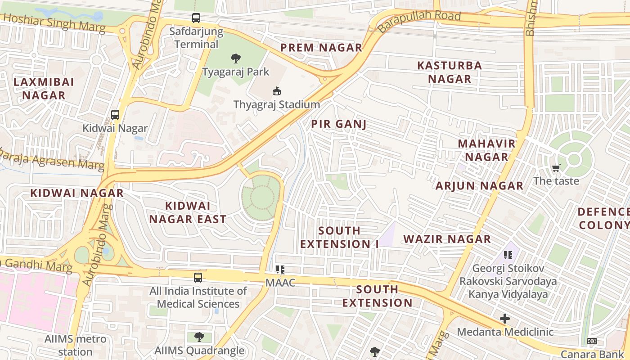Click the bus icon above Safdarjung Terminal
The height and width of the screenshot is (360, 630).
click(x=196, y=18)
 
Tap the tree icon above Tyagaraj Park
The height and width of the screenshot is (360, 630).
click(x=235, y=58)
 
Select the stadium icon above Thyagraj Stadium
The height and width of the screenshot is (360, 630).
click(x=277, y=91)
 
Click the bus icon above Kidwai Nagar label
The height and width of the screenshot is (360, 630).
click(x=115, y=115)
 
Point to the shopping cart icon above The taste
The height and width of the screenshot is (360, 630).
click(x=556, y=168)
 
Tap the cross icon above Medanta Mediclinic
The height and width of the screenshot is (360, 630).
click(x=505, y=319)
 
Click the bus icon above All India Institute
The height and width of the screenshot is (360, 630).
click(x=198, y=278)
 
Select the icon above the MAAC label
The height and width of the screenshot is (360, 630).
click(x=280, y=270)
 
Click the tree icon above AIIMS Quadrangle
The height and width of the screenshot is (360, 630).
click(x=199, y=337)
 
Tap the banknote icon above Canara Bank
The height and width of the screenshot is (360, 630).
click(x=592, y=342)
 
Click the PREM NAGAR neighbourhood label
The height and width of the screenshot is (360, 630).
click(x=321, y=48)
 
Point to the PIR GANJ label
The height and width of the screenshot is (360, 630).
click(x=339, y=124)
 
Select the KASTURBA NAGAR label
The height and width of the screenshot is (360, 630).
click(x=450, y=72)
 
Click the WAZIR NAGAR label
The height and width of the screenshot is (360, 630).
click(x=447, y=239)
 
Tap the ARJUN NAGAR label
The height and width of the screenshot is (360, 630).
click(x=479, y=185)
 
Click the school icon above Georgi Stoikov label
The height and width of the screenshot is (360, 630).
click(x=508, y=255)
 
